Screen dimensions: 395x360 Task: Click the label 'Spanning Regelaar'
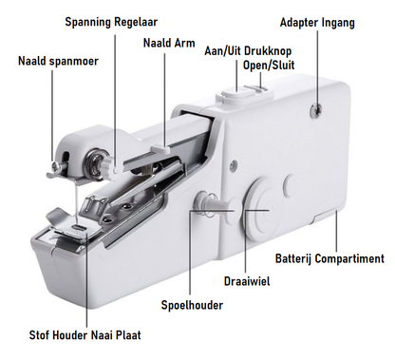pos(111,23)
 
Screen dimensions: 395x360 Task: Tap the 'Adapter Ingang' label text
pos(317,23)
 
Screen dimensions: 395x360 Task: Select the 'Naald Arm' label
pos(169,43)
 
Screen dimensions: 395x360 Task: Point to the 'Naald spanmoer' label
pos(58,61)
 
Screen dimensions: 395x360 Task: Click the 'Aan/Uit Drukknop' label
pos(248,51)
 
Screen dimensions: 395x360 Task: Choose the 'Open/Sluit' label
pos(269,65)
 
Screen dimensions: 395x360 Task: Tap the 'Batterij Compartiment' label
pos(329,258)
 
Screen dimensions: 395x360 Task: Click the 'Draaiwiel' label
pos(247,281)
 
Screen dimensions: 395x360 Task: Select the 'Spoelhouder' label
pos(192,305)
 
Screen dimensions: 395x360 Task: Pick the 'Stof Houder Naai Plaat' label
pos(85,335)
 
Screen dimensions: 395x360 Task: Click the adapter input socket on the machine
pos(316,109)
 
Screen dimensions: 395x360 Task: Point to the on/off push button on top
pos(235,94)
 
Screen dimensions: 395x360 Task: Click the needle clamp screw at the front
pos(57,164)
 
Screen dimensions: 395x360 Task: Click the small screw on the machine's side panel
pos(234,164)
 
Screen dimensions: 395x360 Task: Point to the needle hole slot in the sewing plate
pos(79,227)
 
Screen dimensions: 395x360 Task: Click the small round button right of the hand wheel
pos(292,183)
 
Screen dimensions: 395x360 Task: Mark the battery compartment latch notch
pos(326,217)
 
